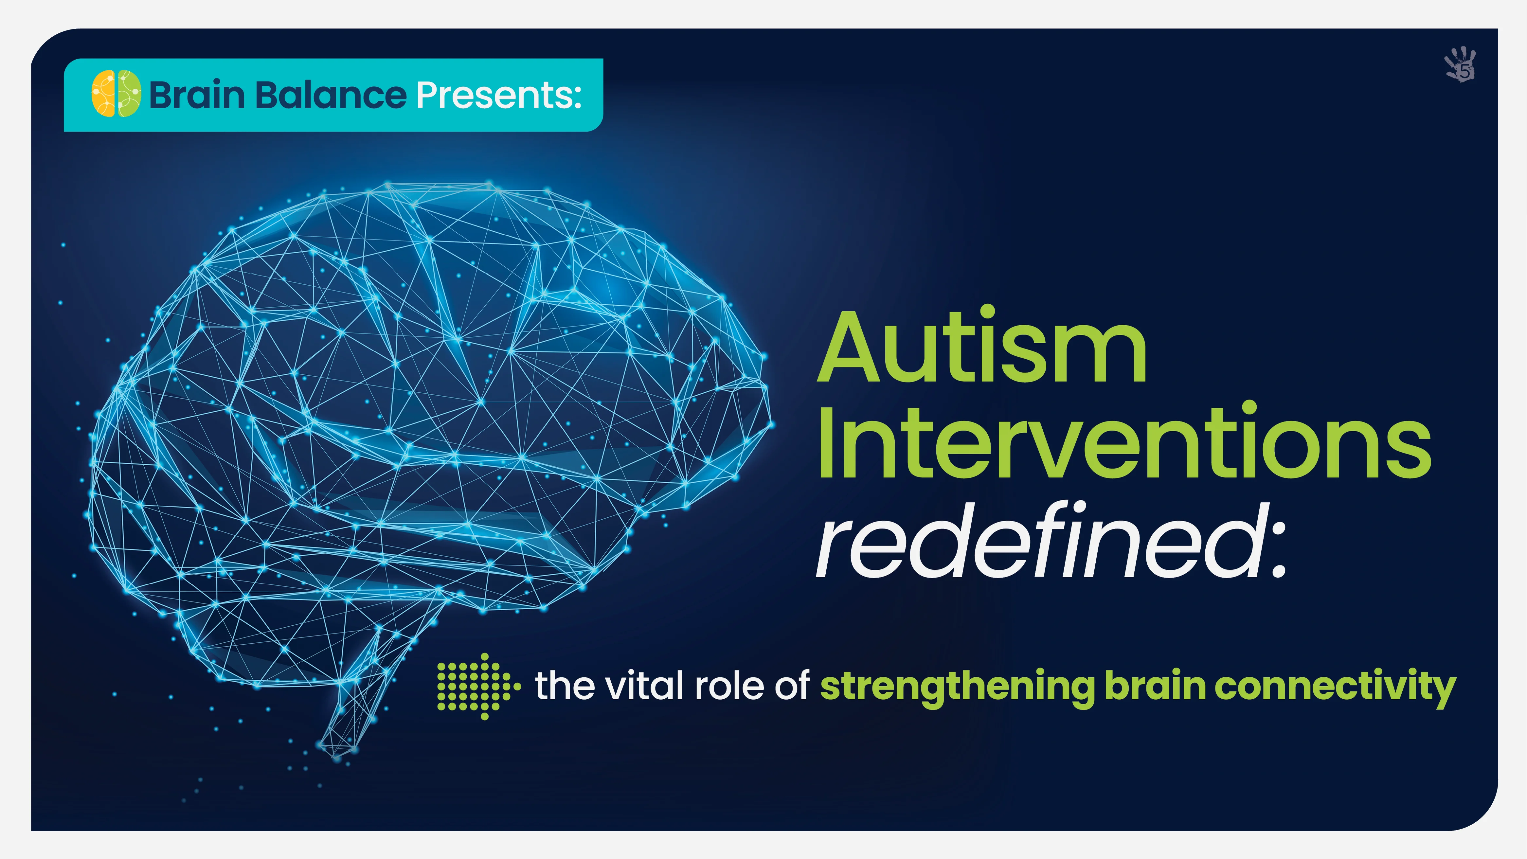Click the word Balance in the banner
pos(332,95)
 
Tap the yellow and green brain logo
pos(116,94)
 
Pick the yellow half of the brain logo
pos(104,94)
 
